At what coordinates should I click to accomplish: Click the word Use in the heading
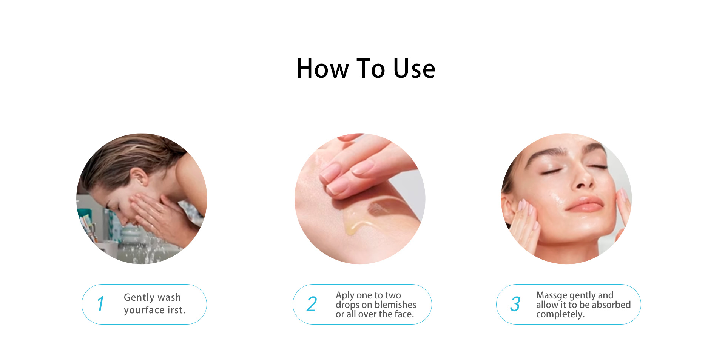(414, 69)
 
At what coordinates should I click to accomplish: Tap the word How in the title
(322, 69)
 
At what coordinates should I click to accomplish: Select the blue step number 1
(100, 304)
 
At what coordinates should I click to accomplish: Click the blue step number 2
(312, 304)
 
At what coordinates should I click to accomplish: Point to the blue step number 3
(515, 304)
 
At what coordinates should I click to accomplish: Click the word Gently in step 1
(139, 298)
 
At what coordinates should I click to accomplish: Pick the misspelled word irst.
(176, 310)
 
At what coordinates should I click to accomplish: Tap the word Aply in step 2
(345, 295)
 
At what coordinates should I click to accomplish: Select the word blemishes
(396, 305)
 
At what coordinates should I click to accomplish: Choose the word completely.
(560, 314)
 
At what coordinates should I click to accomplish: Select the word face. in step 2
(404, 314)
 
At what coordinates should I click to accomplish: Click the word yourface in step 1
(144, 310)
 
